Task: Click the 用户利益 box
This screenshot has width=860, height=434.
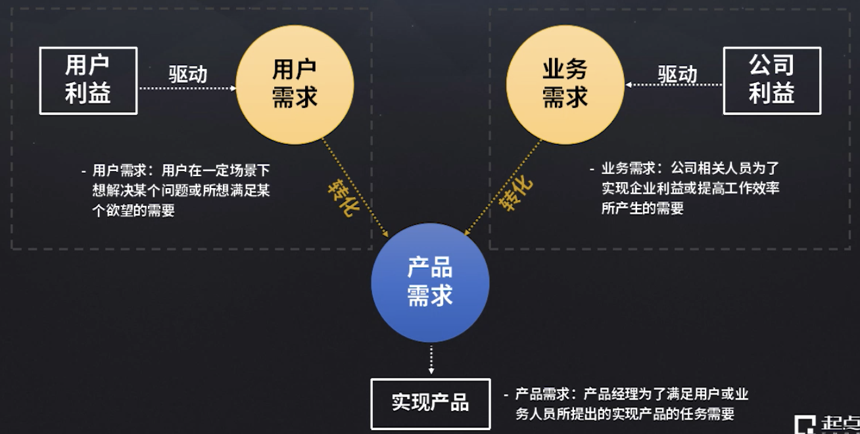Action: point(88,80)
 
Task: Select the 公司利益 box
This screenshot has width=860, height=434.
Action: point(772,80)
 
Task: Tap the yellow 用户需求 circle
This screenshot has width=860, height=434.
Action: point(295,84)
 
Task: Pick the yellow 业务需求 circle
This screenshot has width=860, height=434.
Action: point(565,84)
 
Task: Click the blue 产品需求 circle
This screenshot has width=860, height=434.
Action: point(430,282)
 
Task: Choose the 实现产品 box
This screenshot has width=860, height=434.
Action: point(430,403)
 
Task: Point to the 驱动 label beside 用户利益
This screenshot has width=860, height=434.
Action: point(187,74)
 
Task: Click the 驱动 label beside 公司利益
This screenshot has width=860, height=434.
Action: point(677,74)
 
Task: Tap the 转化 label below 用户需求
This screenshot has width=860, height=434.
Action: point(343,197)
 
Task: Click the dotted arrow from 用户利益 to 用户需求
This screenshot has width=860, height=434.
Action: point(187,87)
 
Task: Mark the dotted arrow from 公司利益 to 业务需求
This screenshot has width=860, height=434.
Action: point(674,85)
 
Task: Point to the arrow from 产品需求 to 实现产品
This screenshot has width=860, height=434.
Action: point(431,360)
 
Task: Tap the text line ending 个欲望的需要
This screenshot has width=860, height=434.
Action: point(133,211)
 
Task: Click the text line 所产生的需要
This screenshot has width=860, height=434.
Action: point(642,208)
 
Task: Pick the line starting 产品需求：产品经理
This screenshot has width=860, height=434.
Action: point(632,395)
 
